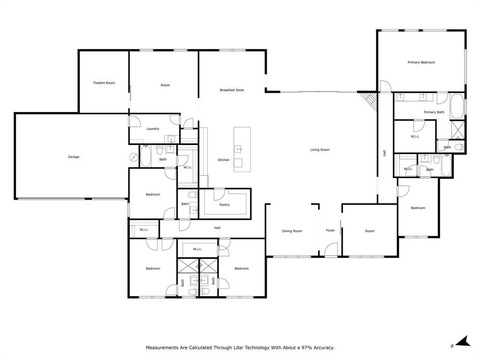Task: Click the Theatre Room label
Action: (104, 83)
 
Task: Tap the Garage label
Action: (74, 157)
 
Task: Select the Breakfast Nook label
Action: (232, 90)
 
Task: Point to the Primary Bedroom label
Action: (421, 62)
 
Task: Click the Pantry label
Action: (225, 205)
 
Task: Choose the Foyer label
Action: (330, 231)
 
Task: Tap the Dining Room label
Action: (292, 231)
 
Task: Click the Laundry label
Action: (153, 129)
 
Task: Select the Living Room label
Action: (320, 150)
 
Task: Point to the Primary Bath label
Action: (434, 112)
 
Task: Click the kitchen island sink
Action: (239, 150)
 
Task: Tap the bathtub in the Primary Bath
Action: (457, 107)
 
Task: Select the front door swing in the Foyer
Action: (331, 249)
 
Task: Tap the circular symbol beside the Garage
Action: (133, 158)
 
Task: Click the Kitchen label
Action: (224, 160)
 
